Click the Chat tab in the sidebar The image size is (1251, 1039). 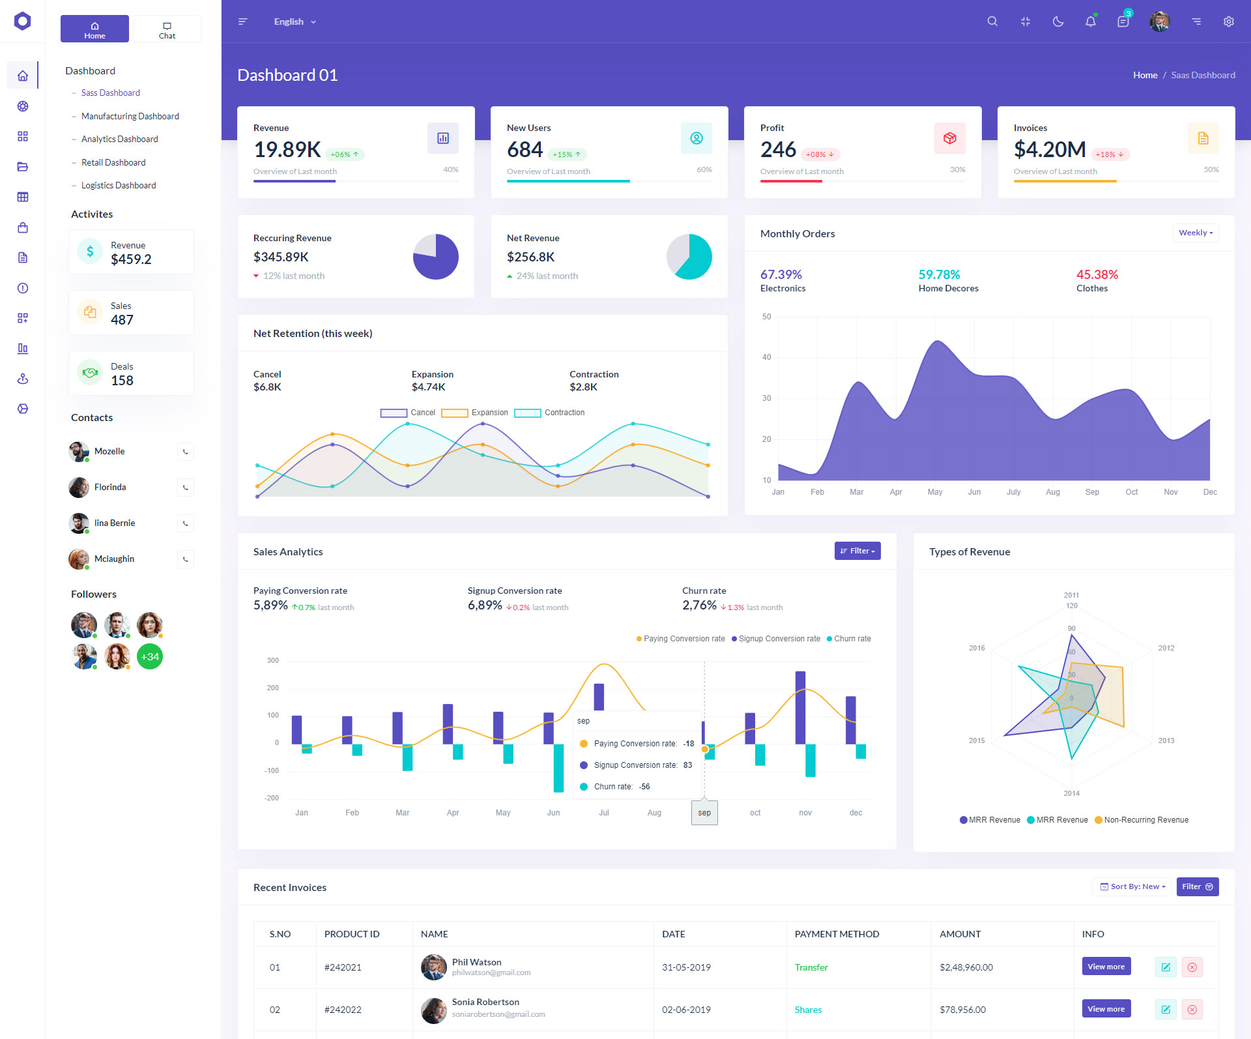point(167,29)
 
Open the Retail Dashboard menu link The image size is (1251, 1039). point(113,162)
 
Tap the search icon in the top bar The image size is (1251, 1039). point(992,22)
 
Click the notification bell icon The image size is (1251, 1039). point(1090,22)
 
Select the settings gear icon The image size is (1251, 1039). point(1228,22)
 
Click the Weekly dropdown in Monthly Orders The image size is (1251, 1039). point(1196,233)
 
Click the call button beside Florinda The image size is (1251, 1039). point(186,488)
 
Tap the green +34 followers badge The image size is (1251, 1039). point(150,656)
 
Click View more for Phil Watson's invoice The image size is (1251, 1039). point(1106,967)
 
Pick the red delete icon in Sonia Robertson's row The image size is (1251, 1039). point(1192,1010)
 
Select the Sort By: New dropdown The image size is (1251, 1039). point(1132,886)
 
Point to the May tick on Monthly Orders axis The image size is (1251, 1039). point(935,492)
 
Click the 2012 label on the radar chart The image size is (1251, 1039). point(1166,648)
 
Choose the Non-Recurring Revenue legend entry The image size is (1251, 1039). point(1145,820)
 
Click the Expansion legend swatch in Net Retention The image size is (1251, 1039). point(455,413)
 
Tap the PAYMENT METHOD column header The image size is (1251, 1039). point(837,934)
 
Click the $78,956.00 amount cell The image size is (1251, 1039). point(962,1010)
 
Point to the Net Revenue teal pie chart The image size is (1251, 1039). point(689,257)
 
